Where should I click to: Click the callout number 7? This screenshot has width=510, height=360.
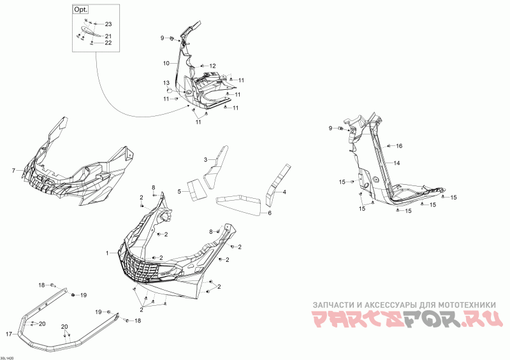(x=13, y=171)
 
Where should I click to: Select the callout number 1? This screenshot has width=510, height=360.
(x=108, y=253)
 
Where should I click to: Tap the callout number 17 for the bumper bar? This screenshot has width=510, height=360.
(x=10, y=334)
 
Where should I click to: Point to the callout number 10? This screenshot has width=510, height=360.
(x=166, y=63)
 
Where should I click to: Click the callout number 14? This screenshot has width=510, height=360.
(x=397, y=164)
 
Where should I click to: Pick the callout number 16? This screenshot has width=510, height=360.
(x=400, y=146)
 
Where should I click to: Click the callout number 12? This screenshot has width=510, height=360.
(x=213, y=66)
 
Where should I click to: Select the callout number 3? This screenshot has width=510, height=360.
(x=206, y=159)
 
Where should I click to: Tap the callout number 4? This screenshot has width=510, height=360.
(x=284, y=192)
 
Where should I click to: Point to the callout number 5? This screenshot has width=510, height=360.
(x=180, y=191)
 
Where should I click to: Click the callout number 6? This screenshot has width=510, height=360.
(x=270, y=213)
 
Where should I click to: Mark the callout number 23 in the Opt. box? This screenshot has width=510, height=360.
(x=108, y=24)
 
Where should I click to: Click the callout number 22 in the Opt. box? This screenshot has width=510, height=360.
(x=108, y=43)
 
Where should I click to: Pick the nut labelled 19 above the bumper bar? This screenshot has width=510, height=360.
(x=74, y=294)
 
